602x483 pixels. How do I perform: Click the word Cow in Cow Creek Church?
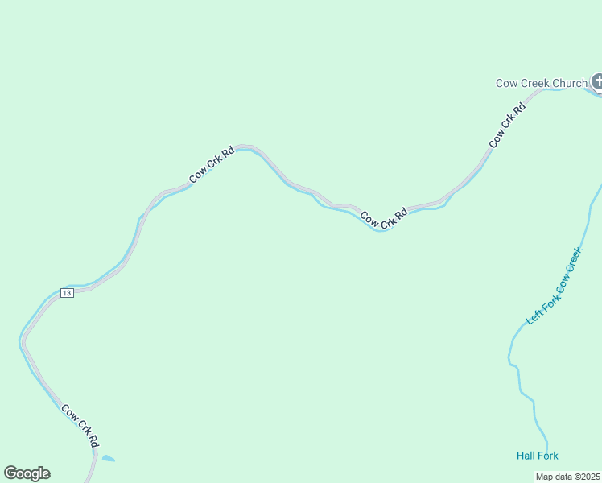click(505, 83)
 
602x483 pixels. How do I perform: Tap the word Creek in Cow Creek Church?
click(534, 83)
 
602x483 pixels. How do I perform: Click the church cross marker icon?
click(597, 81)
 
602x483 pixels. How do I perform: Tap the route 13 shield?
click(67, 293)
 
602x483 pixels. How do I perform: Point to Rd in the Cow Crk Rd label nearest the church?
click(518, 109)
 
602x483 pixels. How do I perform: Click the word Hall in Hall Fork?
click(526, 456)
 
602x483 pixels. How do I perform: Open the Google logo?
click(27, 473)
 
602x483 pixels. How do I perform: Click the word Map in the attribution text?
click(545, 477)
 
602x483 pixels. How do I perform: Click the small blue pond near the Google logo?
click(107, 459)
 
